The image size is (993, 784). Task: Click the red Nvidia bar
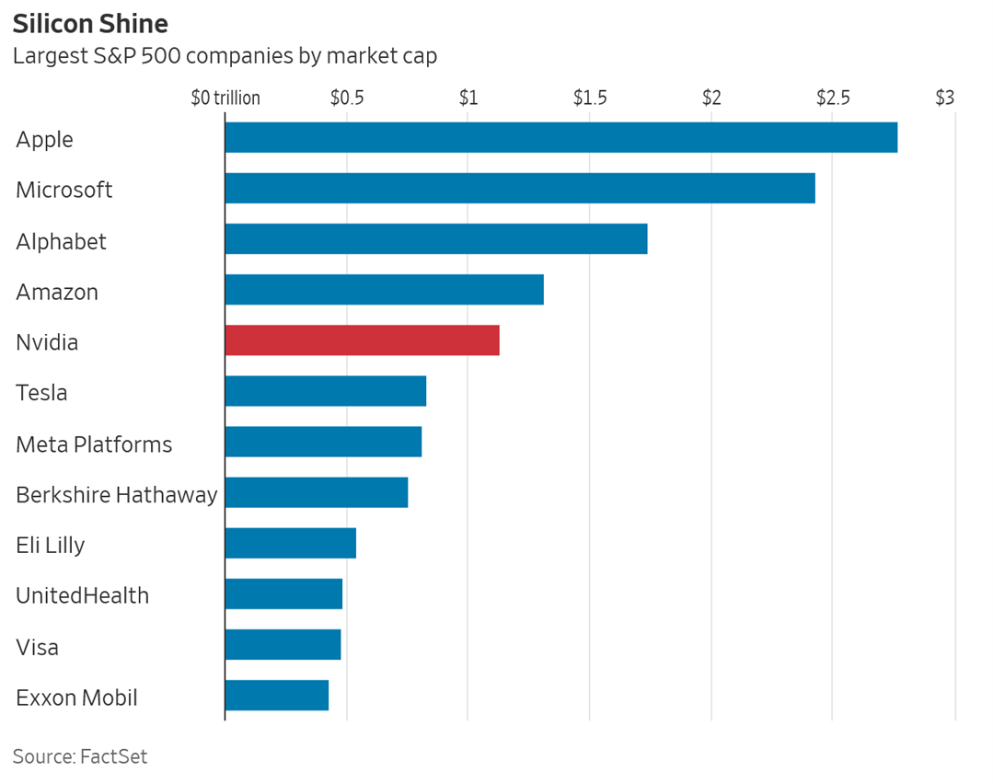tap(362, 340)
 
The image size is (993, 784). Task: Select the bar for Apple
tap(560, 137)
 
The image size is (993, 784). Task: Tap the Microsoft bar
tap(519, 189)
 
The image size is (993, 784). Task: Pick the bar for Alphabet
tap(435, 239)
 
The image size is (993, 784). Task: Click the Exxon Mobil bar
tap(276, 696)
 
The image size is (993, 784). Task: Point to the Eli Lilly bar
tap(290, 543)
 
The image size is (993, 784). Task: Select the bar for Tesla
tap(325, 391)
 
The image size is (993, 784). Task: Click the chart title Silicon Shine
tap(90, 23)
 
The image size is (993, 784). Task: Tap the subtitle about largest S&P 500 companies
tap(225, 55)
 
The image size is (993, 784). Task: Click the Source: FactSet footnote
tap(80, 756)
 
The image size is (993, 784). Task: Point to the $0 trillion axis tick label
tap(225, 98)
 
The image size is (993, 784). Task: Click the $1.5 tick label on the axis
tap(589, 98)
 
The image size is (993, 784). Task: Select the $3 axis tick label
tap(945, 98)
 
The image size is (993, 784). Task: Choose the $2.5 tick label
tap(832, 98)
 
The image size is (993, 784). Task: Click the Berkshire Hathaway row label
tap(117, 494)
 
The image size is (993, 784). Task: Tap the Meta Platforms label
tap(94, 444)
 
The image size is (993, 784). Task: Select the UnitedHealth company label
tap(82, 595)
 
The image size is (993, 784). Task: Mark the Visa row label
tap(38, 647)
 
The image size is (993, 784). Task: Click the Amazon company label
tap(57, 292)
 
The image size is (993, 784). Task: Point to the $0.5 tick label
tap(346, 98)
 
